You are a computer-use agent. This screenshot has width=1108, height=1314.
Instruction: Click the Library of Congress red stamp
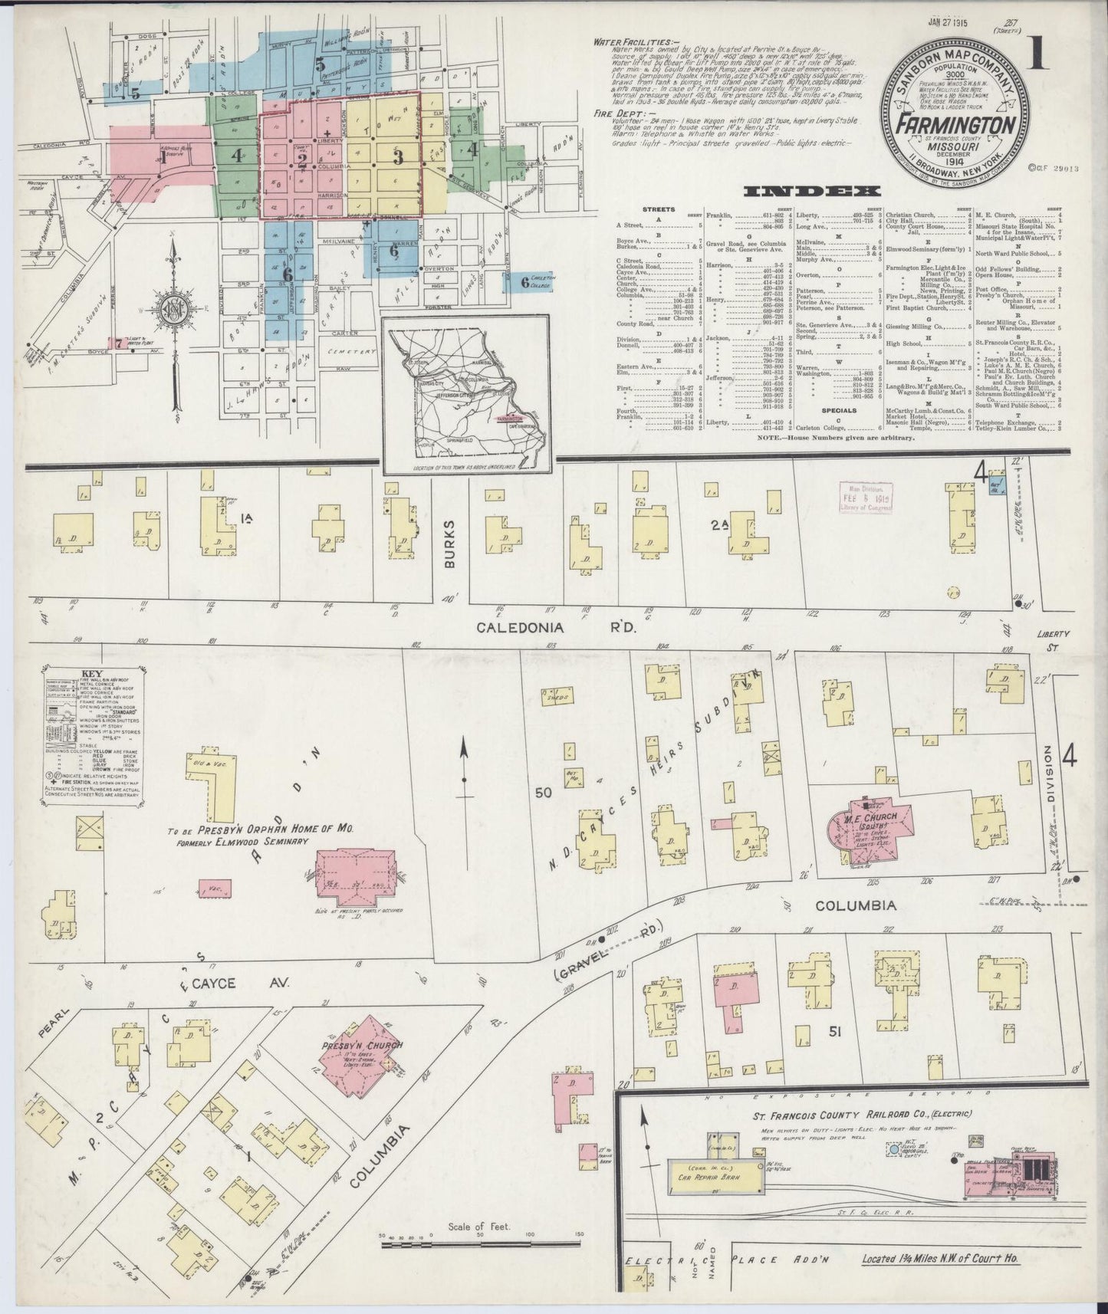[868, 499]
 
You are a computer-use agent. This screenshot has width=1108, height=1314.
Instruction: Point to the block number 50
[544, 793]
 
